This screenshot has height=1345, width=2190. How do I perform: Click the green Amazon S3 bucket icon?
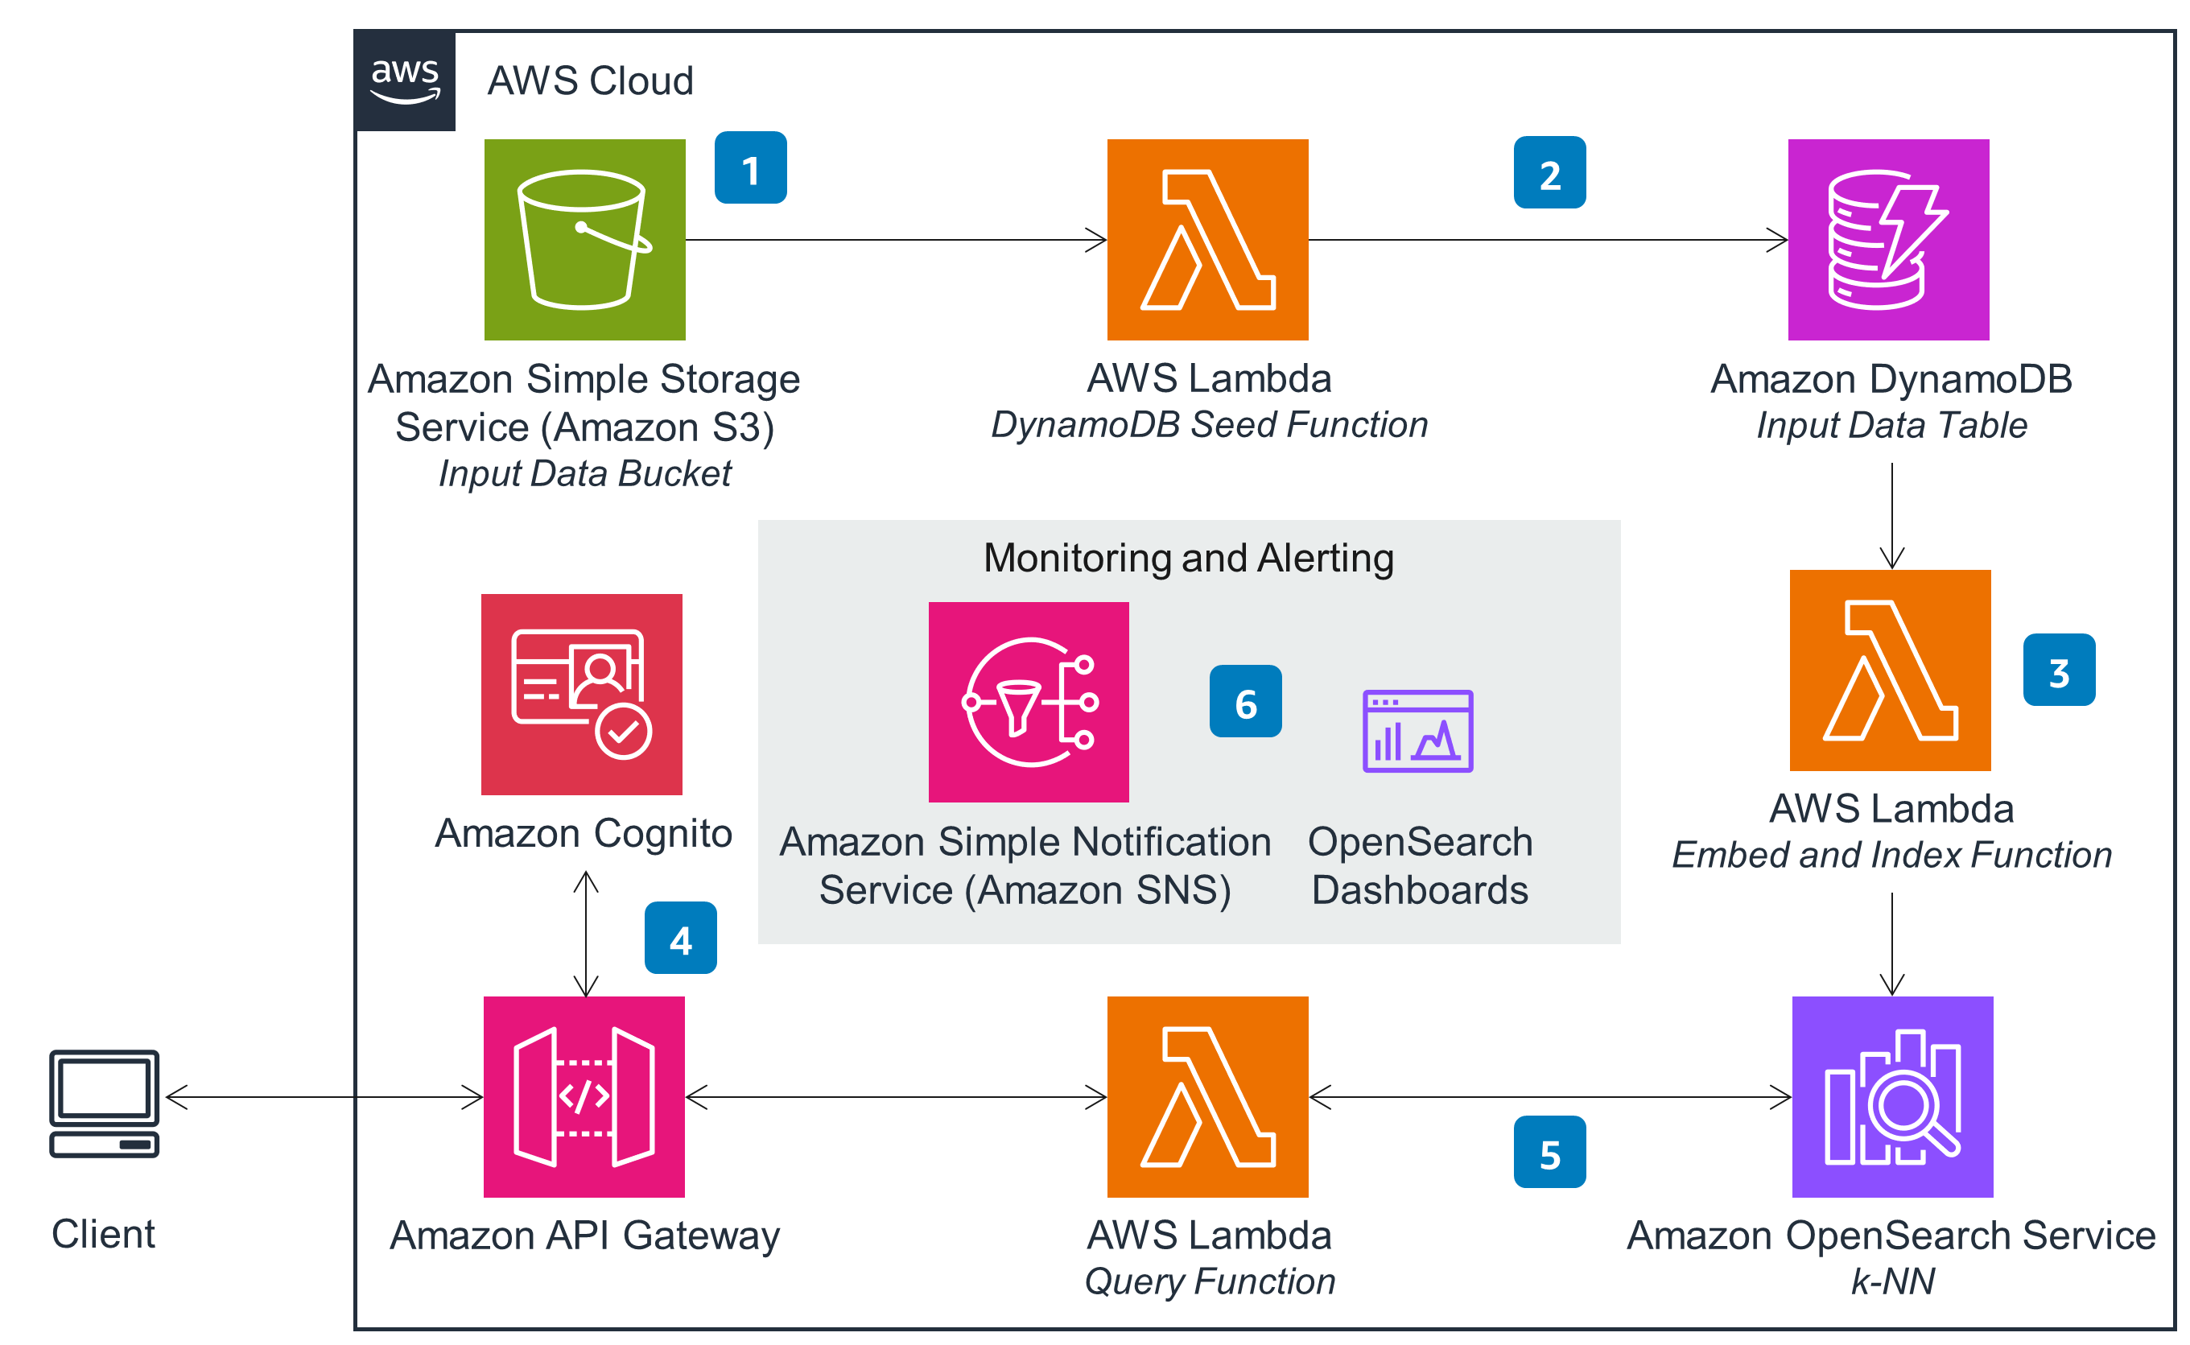(x=584, y=239)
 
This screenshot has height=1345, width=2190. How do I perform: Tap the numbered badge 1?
(x=750, y=168)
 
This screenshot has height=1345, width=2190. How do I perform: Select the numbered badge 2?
(x=1549, y=172)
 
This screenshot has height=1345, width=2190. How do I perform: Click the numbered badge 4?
(x=679, y=938)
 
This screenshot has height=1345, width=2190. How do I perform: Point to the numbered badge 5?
(x=1549, y=1152)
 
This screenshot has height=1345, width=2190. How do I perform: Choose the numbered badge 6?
(x=1244, y=701)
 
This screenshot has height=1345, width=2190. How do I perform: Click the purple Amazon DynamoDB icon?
(x=1887, y=239)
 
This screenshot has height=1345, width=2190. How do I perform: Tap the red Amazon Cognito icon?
(x=581, y=694)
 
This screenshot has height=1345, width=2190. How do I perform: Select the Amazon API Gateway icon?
(x=584, y=1096)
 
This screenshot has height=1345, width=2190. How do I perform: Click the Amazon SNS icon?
(x=1029, y=702)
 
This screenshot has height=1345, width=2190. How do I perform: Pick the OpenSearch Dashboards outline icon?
(x=1417, y=730)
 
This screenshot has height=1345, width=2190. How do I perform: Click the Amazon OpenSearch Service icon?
(x=1891, y=1096)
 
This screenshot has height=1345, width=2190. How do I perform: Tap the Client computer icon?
(x=104, y=1103)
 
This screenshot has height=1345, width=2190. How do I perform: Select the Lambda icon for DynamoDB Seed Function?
(x=1207, y=239)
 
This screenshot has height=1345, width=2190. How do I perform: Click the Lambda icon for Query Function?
(x=1207, y=1096)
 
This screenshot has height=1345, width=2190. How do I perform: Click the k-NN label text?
(x=1892, y=1281)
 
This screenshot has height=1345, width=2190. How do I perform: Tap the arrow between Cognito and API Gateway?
(x=585, y=934)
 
